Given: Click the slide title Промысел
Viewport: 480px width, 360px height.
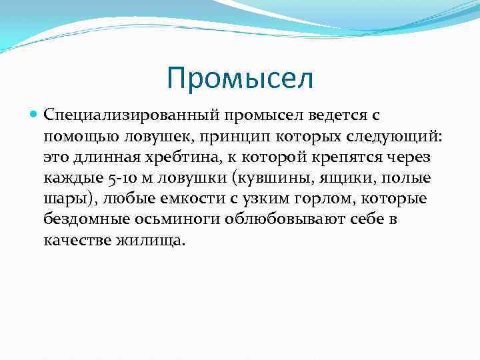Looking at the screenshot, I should (240, 79).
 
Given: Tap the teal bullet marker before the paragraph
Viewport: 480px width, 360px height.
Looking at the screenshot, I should (34, 115).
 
